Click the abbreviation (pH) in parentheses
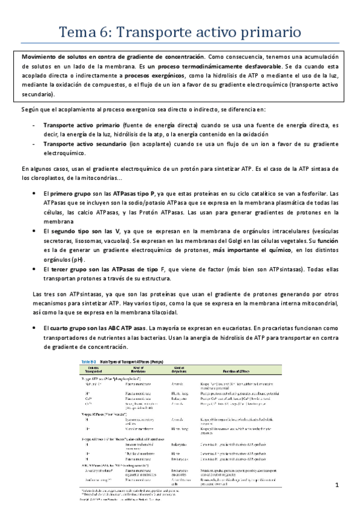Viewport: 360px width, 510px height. coord(75,265)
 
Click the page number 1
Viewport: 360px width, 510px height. coord(338,485)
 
